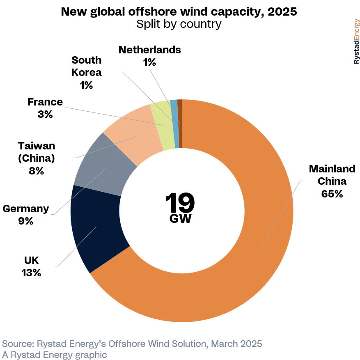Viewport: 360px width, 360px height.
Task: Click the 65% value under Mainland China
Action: [332, 193]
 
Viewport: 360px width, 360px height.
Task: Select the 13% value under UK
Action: [31, 272]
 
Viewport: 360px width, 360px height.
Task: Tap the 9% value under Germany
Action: [25, 221]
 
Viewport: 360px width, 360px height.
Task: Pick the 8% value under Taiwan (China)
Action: [36, 170]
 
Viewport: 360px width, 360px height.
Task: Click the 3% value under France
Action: [45, 114]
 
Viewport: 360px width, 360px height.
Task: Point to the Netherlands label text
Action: [149, 50]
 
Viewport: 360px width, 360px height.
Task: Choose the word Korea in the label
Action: [86, 73]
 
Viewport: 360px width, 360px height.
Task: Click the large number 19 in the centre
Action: [180, 202]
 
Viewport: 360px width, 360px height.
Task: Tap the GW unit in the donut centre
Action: [180, 219]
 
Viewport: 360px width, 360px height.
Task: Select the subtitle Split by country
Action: [179, 24]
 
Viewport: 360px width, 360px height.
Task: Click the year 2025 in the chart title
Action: [282, 11]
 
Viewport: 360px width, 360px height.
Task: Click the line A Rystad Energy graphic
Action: [54, 354]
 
